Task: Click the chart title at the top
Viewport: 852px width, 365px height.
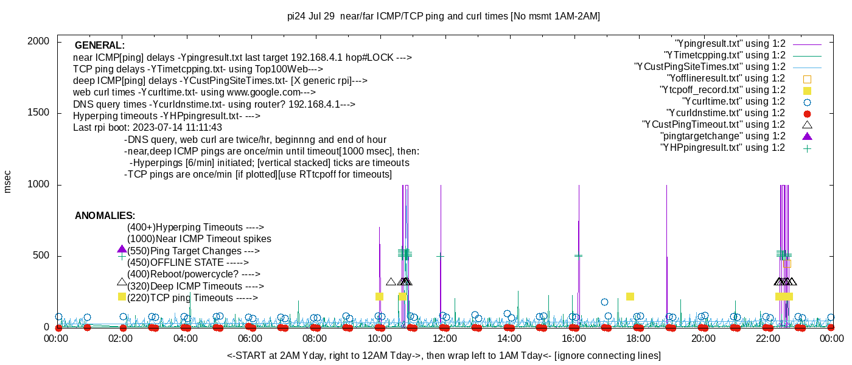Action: pyautogui.click(x=443, y=16)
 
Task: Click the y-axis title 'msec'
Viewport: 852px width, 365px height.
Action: pyautogui.click(x=8, y=181)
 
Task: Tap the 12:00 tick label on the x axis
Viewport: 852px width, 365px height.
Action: pyautogui.click(x=444, y=339)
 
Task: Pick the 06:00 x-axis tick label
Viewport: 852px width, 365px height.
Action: pyautogui.click(x=250, y=339)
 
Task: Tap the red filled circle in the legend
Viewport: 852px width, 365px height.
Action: pyautogui.click(x=808, y=113)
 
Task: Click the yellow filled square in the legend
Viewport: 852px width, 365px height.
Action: pyautogui.click(x=808, y=90)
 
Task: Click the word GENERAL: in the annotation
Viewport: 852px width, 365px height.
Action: pyautogui.click(x=99, y=46)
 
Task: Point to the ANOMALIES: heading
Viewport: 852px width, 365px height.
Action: pyautogui.click(x=105, y=216)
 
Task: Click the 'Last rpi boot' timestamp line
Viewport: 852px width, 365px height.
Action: pyautogui.click(x=147, y=128)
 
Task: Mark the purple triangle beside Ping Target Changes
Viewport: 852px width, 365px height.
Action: pyautogui.click(x=122, y=249)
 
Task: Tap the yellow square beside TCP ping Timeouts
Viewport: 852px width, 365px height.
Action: pyautogui.click(x=122, y=297)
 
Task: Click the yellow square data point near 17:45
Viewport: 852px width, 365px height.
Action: pyautogui.click(x=630, y=297)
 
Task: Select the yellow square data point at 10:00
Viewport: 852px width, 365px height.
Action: pyautogui.click(x=379, y=297)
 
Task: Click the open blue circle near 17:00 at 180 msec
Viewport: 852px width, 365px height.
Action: pyautogui.click(x=604, y=302)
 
